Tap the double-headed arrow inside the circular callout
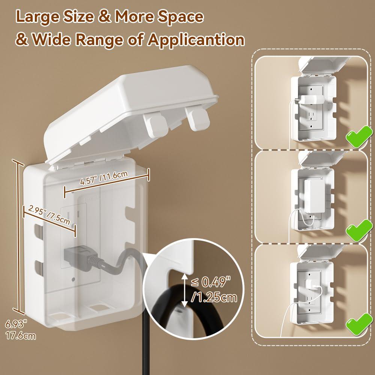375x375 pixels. pyautogui.click(x=184, y=291)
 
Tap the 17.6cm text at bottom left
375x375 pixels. pyautogui.click(x=21, y=335)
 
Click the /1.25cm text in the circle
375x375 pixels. pyautogui.click(x=214, y=298)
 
